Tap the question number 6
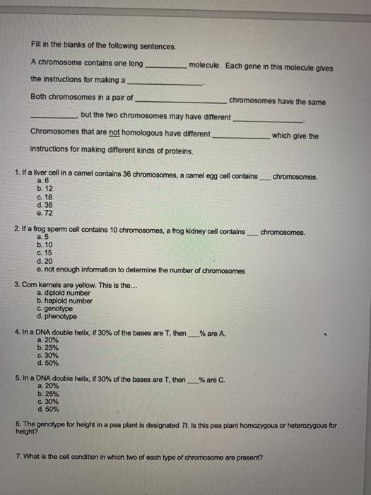coord(18,426)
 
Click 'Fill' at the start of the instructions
coord(37,46)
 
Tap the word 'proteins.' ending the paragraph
coord(176,150)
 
